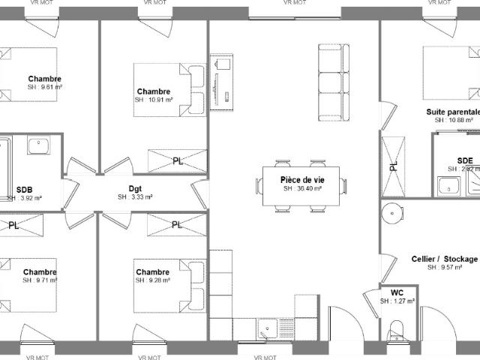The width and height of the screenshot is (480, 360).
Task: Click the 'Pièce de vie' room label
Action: click(301, 180)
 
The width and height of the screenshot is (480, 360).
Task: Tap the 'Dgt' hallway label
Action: click(135, 188)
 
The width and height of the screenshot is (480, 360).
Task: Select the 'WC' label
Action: click(397, 292)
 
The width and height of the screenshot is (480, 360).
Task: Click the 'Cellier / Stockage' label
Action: click(444, 259)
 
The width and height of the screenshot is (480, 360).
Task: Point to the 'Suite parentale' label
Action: click(452, 111)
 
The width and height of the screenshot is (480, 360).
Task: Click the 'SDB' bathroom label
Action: click(24, 189)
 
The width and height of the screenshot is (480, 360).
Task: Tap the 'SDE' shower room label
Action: click(465, 160)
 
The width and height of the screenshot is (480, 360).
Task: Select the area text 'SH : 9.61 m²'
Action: click(44, 88)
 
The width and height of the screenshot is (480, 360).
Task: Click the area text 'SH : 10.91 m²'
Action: click(154, 100)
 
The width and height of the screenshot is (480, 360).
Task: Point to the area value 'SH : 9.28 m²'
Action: click(153, 280)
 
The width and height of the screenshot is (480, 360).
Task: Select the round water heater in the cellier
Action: click(391, 214)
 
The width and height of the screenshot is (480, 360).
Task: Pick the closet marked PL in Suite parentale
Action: click(392, 166)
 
